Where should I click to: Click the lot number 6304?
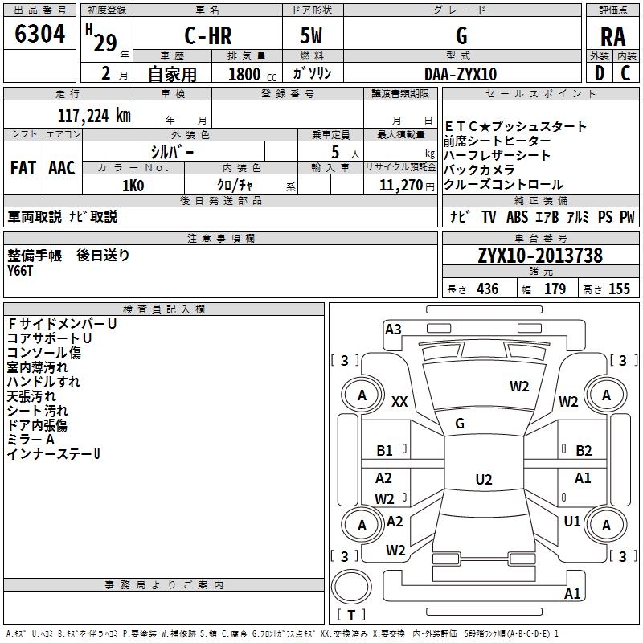[40, 35]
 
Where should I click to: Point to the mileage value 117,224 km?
[94, 115]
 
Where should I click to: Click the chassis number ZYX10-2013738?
[540, 256]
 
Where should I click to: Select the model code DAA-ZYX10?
[461, 73]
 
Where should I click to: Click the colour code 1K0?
[133, 185]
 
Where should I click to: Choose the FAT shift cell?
[23, 167]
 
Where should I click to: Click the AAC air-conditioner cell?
[61, 167]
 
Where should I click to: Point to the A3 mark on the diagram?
[393, 329]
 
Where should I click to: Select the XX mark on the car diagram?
[399, 402]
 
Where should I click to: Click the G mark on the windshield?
[460, 424]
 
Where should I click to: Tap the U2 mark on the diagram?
[483, 480]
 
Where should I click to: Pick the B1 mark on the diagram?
[385, 451]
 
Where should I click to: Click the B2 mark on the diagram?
[584, 451]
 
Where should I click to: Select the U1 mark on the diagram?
[572, 521]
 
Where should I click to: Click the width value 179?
[555, 289]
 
